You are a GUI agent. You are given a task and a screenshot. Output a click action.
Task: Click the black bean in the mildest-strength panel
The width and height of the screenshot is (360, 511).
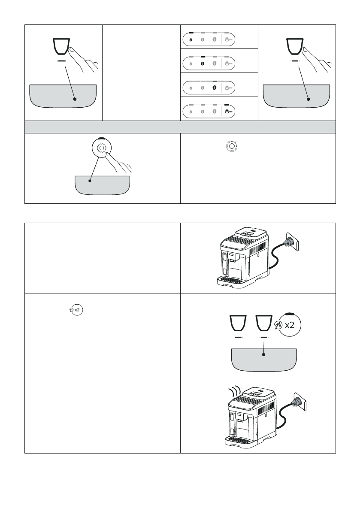pyautogui.click(x=191, y=40)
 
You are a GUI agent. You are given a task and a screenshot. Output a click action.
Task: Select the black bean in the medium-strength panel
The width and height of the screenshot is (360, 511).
pyautogui.click(x=203, y=63)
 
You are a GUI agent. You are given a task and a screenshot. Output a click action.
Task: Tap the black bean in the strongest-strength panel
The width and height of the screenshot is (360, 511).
pyautogui.click(x=215, y=88)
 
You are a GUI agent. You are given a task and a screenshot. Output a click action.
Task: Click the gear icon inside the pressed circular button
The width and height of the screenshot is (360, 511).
pyautogui.click(x=101, y=148)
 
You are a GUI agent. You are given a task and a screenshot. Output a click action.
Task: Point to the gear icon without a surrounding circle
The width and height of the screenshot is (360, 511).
pyautogui.click(x=231, y=146)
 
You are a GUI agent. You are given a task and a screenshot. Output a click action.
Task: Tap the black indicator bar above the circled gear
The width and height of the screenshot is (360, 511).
pyautogui.click(x=101, y=138)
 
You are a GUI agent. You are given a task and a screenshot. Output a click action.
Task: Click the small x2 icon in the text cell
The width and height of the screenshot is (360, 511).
pyautogui.click(x=76, y=310)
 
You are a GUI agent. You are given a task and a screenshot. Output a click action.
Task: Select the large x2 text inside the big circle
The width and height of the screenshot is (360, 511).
pyautogui.click(x=290, y=325)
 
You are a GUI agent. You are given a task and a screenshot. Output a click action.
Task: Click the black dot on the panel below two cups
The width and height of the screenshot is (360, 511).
pyautogui.click(x=263, y=354)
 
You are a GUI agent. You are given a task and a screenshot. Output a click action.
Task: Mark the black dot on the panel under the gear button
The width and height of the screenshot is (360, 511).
pyautogui.click(x=90, y=180)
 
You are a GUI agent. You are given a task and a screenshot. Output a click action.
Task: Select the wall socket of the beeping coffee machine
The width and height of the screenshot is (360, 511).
pyautogui.click(x=300, y=402)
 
